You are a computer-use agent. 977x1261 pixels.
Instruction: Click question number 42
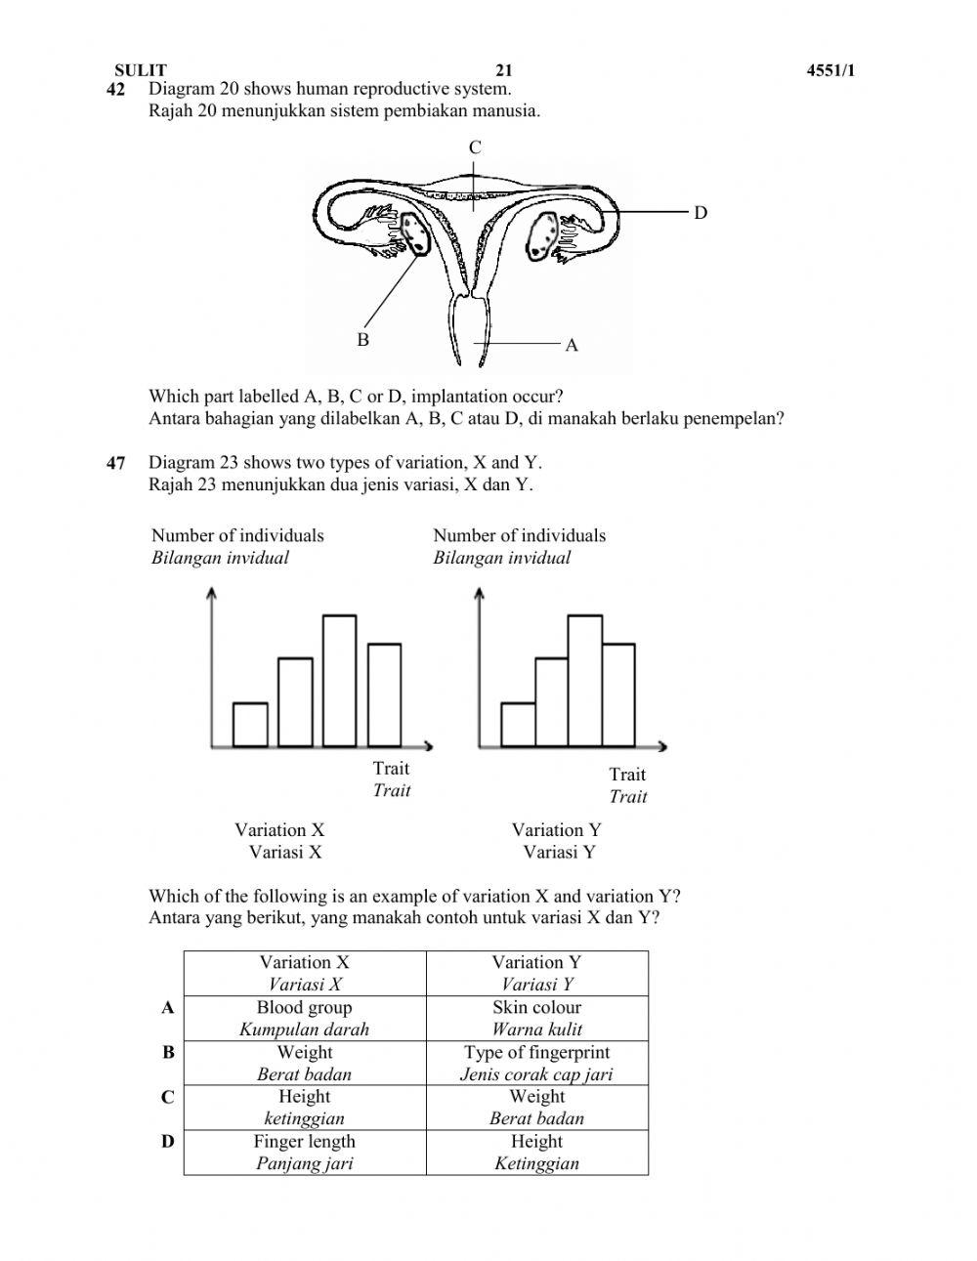[116, 90]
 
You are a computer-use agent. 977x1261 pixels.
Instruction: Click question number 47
[116, 463]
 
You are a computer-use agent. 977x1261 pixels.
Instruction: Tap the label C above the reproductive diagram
[475, 147]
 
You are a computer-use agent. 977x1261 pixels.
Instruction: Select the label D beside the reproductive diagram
[700, 212]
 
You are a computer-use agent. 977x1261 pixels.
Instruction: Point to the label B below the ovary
[362, 340]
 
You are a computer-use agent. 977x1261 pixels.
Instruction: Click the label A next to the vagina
[572, 345]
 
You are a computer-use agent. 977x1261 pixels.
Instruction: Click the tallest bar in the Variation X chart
[339, 681]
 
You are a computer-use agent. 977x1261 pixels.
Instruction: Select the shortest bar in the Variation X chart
[250, 725]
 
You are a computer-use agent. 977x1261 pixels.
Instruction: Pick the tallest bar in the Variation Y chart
[584, 681]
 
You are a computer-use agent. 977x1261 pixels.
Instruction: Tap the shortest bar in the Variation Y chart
[518, 725]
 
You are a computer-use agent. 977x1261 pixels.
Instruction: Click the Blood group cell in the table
[304, 1018]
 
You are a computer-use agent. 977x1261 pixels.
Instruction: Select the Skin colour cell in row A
[536, 1018]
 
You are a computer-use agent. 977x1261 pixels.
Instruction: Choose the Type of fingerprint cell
[536, 1063]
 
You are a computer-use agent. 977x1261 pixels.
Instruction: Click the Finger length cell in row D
[304, 1152]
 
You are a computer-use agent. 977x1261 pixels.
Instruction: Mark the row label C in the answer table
[168, 1097]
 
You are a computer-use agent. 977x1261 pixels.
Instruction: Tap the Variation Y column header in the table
[536, 973]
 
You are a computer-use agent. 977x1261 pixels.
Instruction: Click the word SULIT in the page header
[141, 70]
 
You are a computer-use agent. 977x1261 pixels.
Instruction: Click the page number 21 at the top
[503, 70]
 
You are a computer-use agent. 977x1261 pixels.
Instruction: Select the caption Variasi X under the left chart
[284, 852]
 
